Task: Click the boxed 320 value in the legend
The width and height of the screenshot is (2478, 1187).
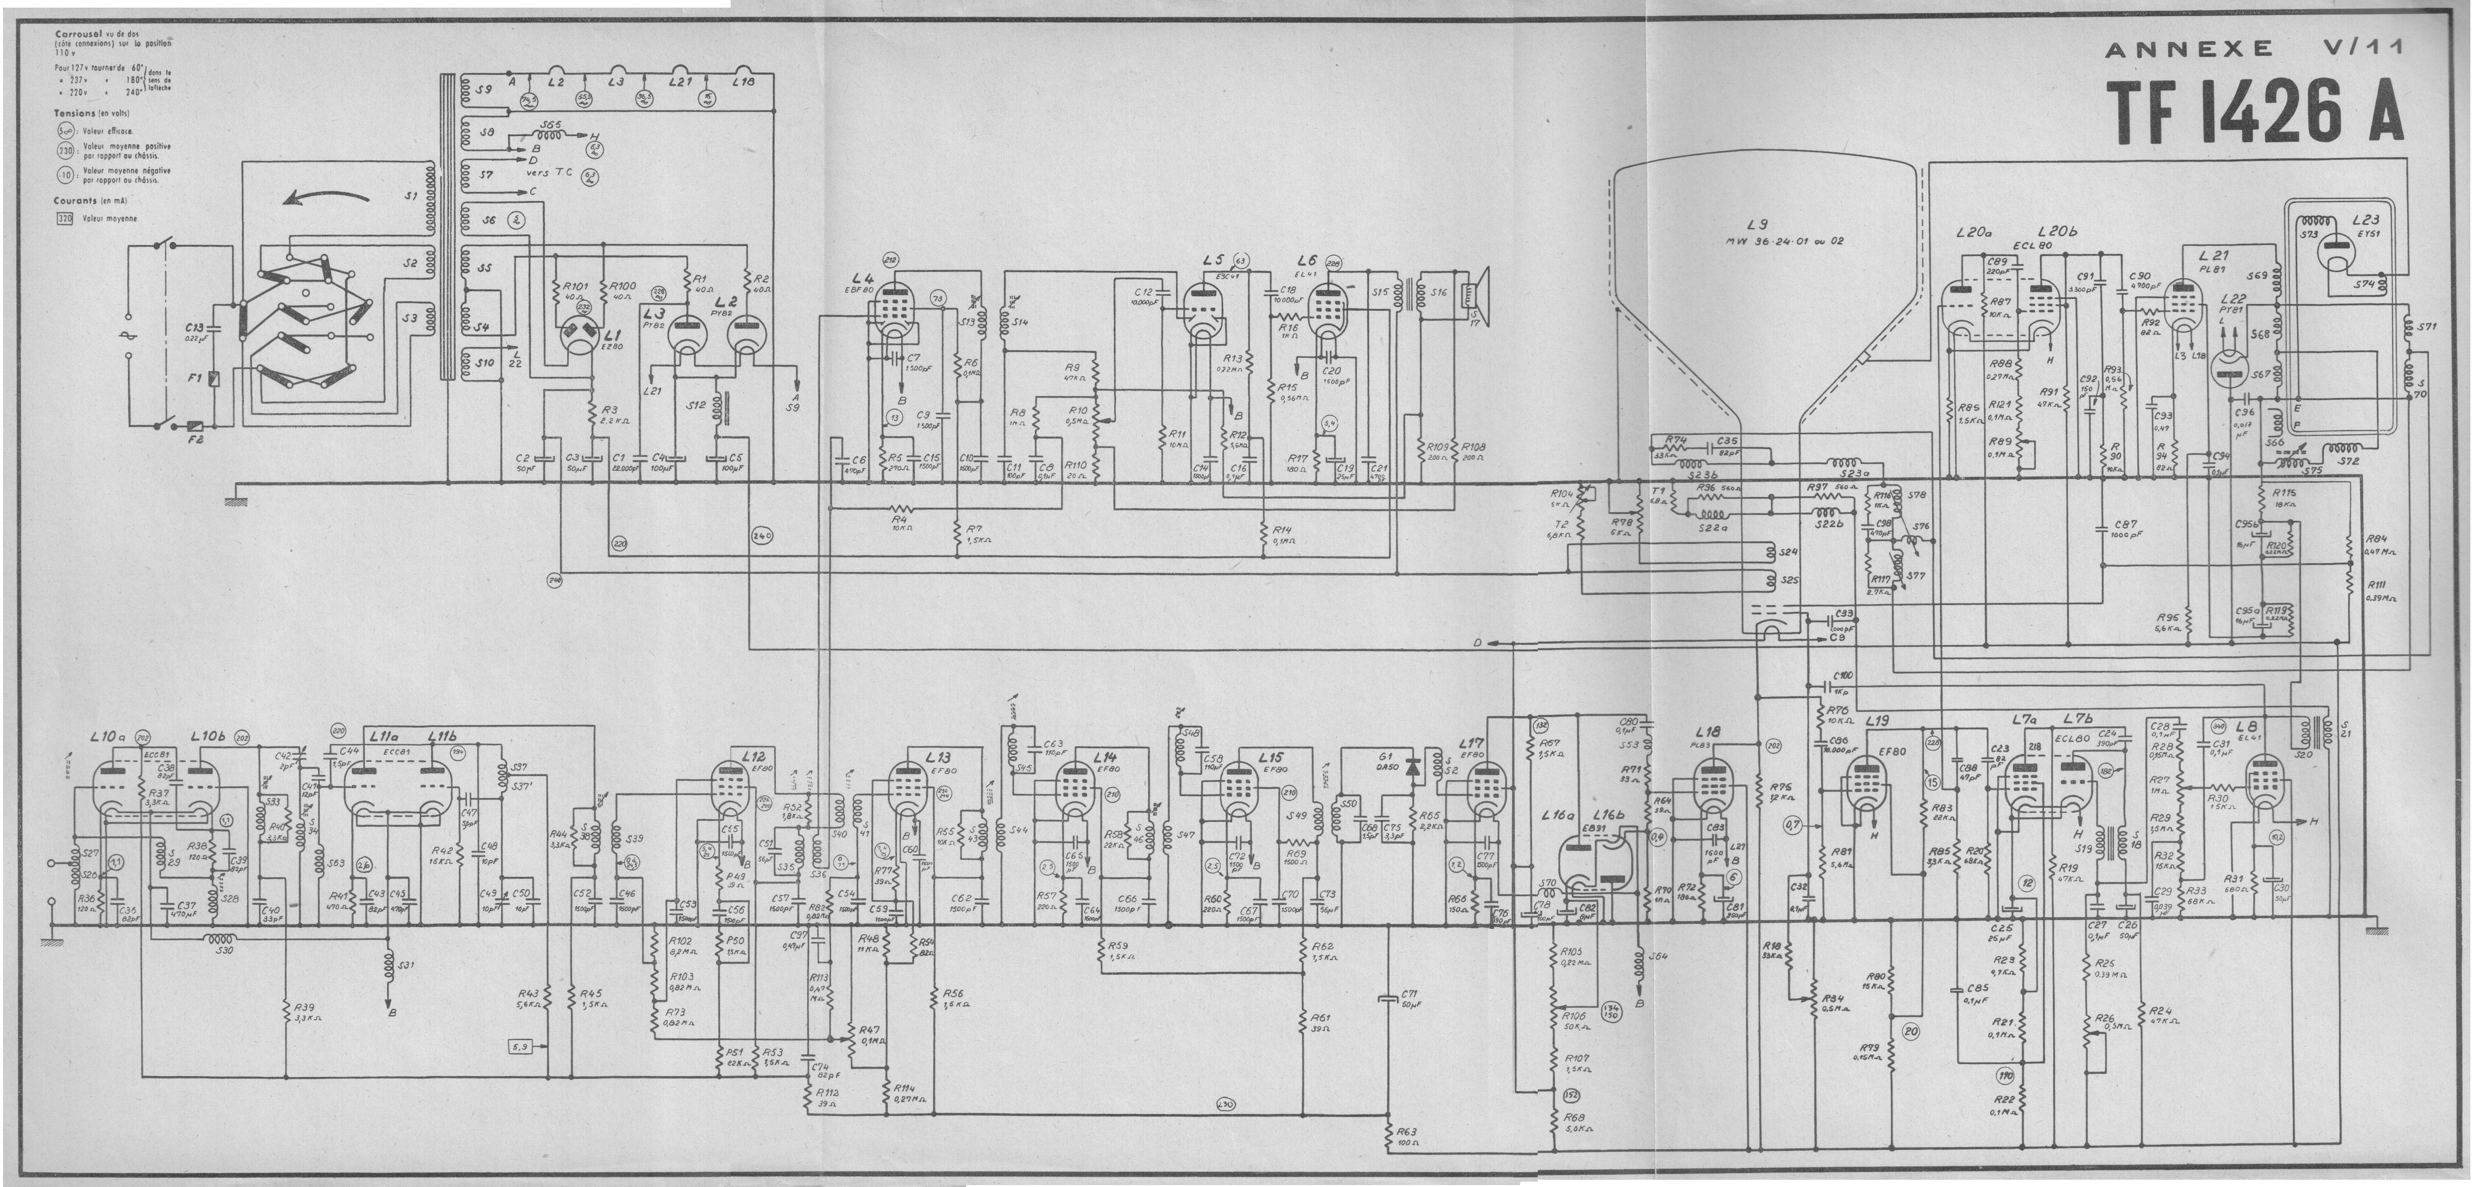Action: point(65,218)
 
